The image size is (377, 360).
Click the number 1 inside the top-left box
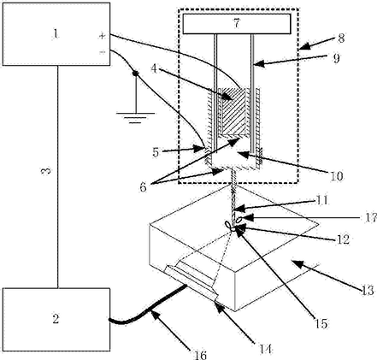(x=56, y=34)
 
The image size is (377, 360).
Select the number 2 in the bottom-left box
(x=56, y=318)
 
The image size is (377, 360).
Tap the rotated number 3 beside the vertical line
(x=46, y=171)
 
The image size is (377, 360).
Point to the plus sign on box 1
(x=102, y=36)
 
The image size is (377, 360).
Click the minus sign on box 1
(x=102, y=52)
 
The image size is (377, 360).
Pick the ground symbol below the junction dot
(x=135, y=118)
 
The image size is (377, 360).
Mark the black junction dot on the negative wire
(x=135, y=74)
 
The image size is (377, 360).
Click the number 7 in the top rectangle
(x=237, y=23)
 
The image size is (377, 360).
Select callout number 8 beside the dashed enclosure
(x=341, y=38)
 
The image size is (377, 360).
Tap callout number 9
(x=337, y=58)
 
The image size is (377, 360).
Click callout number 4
(x=154, y=68)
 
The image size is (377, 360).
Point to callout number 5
(x=156, y=152)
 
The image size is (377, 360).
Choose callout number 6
(x=143, y=187)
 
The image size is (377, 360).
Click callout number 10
(x=337, y=176)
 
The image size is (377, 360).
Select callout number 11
(x=322, y=200)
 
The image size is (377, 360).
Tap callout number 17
(x=371, y=218)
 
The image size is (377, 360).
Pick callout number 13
(x=368, y=291)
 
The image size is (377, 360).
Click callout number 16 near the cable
(x=200, y=355)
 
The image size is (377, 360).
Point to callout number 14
(x=265, y=349)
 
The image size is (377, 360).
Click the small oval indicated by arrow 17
(x=239, y=219)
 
